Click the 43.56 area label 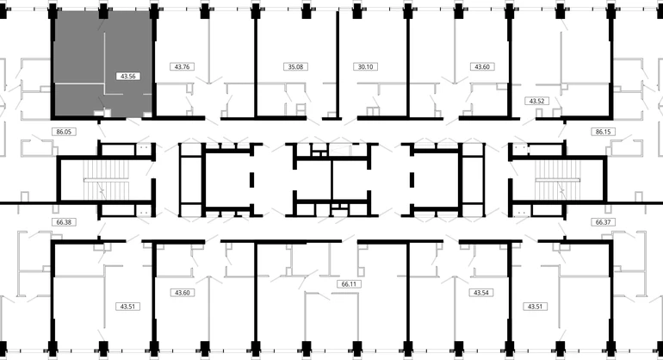coord(127,76)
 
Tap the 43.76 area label coord(183,66)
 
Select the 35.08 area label coord(295,66)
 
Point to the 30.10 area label coord(365,66)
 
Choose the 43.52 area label coord(536,101)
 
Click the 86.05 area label coord(64,132)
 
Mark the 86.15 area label coord(603,132)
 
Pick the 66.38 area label coord(64,221)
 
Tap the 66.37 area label coord(603,221)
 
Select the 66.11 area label coord(349,284)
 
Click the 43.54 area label coord(481,292)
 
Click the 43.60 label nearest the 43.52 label coord(482,66)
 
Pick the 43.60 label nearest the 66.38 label coord(183,292)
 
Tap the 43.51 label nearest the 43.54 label coord(535,307)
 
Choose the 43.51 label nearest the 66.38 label coord(127,307)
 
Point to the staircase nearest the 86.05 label coord(106,180)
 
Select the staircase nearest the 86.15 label coord(558,180)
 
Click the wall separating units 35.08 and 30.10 coord(338,64)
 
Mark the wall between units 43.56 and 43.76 coord(154,64)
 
